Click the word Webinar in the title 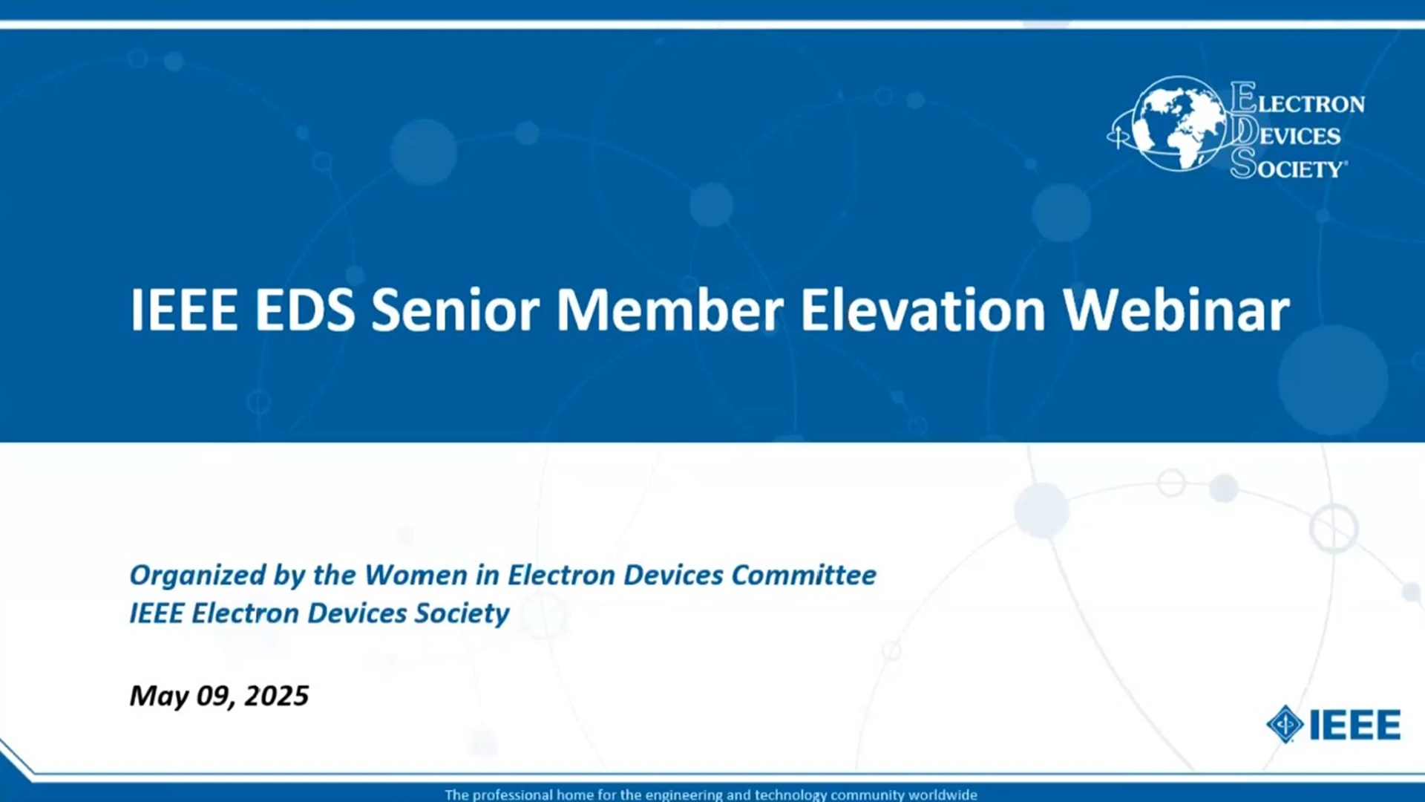coord(1176,310)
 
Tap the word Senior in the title coord(455,310)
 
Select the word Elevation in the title coord(923,310)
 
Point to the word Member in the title coord(669,310)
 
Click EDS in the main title coord(305,310)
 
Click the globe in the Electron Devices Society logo coord(1180,124)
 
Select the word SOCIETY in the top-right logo coord(1288,164)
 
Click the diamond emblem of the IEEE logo coord(1285,724)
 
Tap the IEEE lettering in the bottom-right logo coord(1355,725)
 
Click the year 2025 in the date coord(276,696)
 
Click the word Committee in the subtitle coord(804,575)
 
